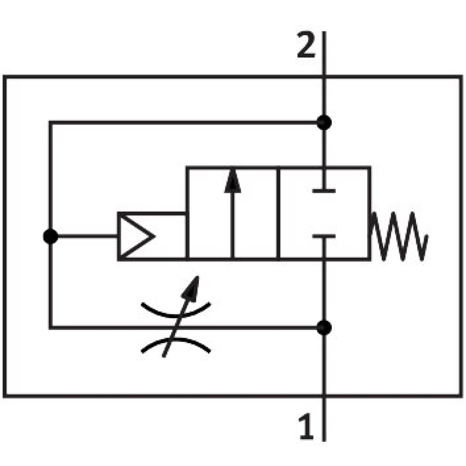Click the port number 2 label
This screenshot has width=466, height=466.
(x=306, y=46)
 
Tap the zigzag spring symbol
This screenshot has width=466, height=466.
(x=400, y=236)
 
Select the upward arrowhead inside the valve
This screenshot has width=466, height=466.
(x=233, y=182)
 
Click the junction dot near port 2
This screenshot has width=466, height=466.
(x=324, y=122)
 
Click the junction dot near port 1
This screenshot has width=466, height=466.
(x=324, y=327)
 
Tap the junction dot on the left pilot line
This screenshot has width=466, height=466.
(x=50, y=237)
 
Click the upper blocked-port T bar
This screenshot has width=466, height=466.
(x=324, y=191)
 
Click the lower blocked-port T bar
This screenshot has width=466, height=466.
(x=324, y=237)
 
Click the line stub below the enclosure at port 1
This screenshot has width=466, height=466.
(x=324, y=419)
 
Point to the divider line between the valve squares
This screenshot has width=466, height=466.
(x=278, y=213)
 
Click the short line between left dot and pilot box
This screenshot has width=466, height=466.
(x=84, y=237)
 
